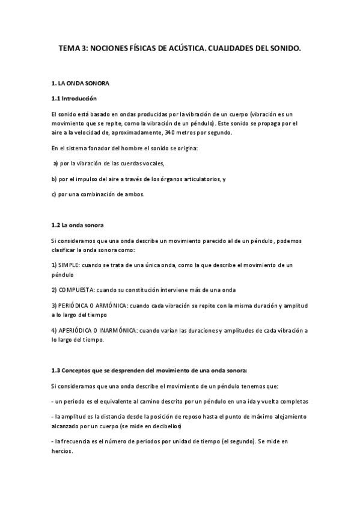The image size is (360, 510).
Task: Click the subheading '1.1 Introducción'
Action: click(x=74, y=98)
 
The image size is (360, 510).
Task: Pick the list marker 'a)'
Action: click(x=56, y=163)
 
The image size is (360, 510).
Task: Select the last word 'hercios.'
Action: click(x=62, y=452)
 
